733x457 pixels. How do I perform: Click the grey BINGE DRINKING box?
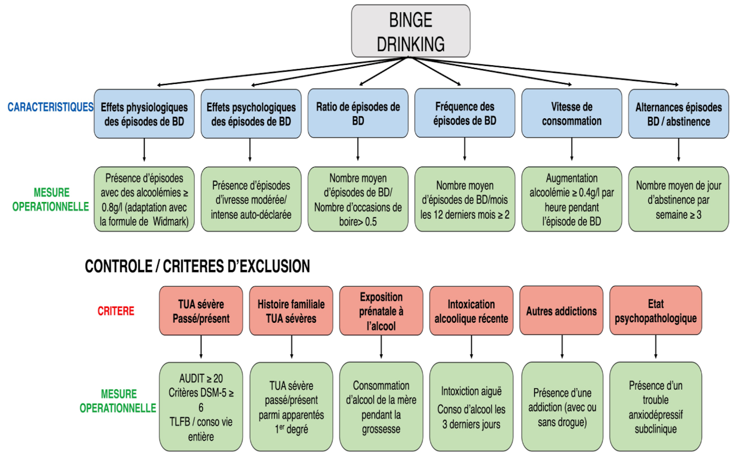[x=410, y=31]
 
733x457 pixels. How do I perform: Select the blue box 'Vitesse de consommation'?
[x=572, y=113]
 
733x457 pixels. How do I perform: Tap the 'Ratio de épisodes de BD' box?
[x=358, y=113]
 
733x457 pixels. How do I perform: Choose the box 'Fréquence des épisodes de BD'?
[x=465, y=113]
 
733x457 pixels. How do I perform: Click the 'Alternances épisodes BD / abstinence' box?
[x=678, y=114]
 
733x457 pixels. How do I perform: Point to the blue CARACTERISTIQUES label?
[x=50, y=107]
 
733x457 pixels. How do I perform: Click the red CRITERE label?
[x=116, y=311]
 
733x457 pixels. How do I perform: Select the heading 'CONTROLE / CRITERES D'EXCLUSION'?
[x=197, y=266]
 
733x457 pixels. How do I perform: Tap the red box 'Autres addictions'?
[x=561, y=311]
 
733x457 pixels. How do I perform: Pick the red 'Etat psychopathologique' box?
[x=656, y=311]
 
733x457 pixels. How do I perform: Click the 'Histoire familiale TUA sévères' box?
[x=291, y=311]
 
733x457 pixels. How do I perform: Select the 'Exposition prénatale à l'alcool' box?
[x=381, y=311]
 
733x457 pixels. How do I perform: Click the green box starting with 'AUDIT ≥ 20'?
[x=201, y=407]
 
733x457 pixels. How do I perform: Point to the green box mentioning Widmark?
[x=144, y=199]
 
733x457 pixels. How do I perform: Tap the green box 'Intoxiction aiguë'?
[x=471, y=407]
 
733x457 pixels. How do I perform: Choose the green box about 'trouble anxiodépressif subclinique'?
[x=656, y=407]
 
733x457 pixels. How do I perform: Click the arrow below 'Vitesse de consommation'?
[x=572, y=150]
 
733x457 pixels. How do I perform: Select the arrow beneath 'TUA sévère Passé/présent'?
[x=201, y=347]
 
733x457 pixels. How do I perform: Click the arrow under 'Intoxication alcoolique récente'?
[x=471, y=347]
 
